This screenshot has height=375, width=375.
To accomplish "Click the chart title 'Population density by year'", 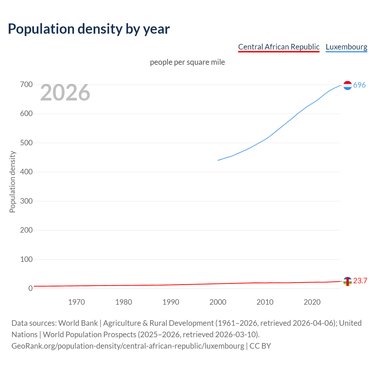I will [89, 29].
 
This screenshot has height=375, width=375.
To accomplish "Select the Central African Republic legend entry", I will [279, 47].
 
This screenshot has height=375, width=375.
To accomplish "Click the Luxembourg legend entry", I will [346, 47].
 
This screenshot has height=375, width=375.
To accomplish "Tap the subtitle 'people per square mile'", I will [187, 62].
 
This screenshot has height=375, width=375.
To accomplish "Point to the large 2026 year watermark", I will [65, 93].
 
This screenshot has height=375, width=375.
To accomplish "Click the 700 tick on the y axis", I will [26, 85].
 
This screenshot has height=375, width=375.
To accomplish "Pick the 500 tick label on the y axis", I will [26, 143].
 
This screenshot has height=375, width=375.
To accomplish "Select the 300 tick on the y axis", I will [26, 201].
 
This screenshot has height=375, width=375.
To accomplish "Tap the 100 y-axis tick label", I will [26, 259].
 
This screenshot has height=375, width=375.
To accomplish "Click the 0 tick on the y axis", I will [30, 288].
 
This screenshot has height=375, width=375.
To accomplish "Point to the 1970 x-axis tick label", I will [76, 302].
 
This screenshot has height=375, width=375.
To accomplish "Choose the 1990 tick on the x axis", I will [171, 302].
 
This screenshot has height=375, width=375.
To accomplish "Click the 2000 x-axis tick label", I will [218, 302].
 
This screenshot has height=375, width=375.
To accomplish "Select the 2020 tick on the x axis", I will [312, 302].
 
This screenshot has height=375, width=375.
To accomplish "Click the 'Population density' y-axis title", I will [12, 182].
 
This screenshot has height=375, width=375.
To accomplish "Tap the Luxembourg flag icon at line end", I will [347, 85].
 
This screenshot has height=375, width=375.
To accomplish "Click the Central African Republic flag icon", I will [347, 281].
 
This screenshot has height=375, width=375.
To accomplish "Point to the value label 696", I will [359, 85].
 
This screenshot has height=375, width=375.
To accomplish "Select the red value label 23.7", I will [360, 281].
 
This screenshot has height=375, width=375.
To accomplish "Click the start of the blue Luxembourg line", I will [218, 160].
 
